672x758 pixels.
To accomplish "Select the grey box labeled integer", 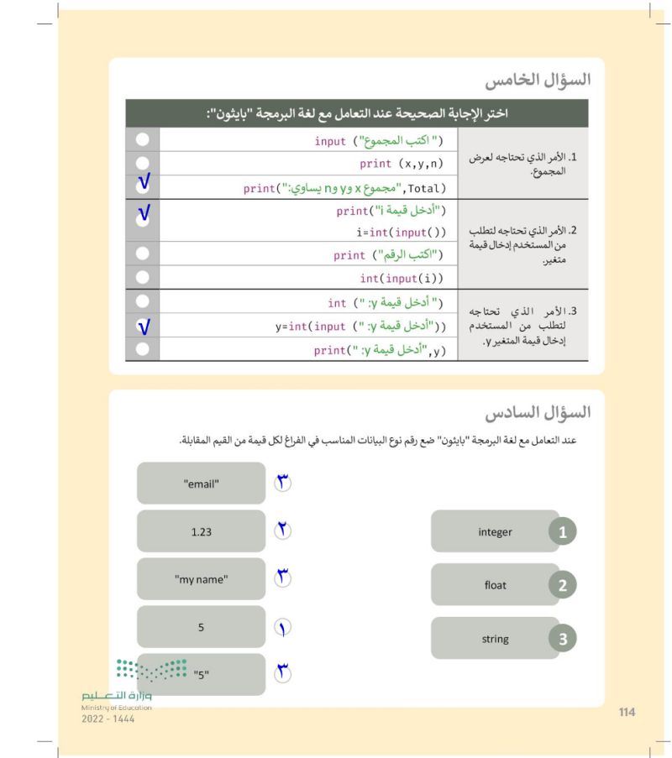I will tap(496, 531).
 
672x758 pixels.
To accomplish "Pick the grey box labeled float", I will tap(496, 585).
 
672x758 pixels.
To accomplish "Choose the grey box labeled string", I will tap(496, 639).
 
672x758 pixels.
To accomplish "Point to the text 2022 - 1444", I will tap(106, 719).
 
